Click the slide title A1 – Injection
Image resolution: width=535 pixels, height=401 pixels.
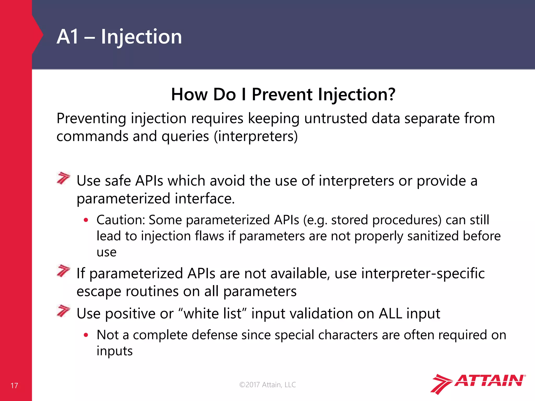119,37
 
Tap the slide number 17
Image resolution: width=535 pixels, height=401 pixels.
14,386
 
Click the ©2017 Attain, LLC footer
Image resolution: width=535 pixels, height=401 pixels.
267,385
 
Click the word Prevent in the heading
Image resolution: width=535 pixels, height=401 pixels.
282,94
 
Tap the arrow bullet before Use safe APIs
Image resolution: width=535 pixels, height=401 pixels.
63,178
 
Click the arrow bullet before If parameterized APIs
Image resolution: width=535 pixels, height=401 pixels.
63,271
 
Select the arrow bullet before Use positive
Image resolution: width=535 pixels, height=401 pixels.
63,311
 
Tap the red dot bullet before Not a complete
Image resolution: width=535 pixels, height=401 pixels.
86,335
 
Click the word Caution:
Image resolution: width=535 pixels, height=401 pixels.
121,220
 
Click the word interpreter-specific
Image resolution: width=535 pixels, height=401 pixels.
423,274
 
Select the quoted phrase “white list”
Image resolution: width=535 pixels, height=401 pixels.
212,313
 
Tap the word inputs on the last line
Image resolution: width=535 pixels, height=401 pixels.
114,351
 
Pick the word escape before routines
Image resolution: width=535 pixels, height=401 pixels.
99,291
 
